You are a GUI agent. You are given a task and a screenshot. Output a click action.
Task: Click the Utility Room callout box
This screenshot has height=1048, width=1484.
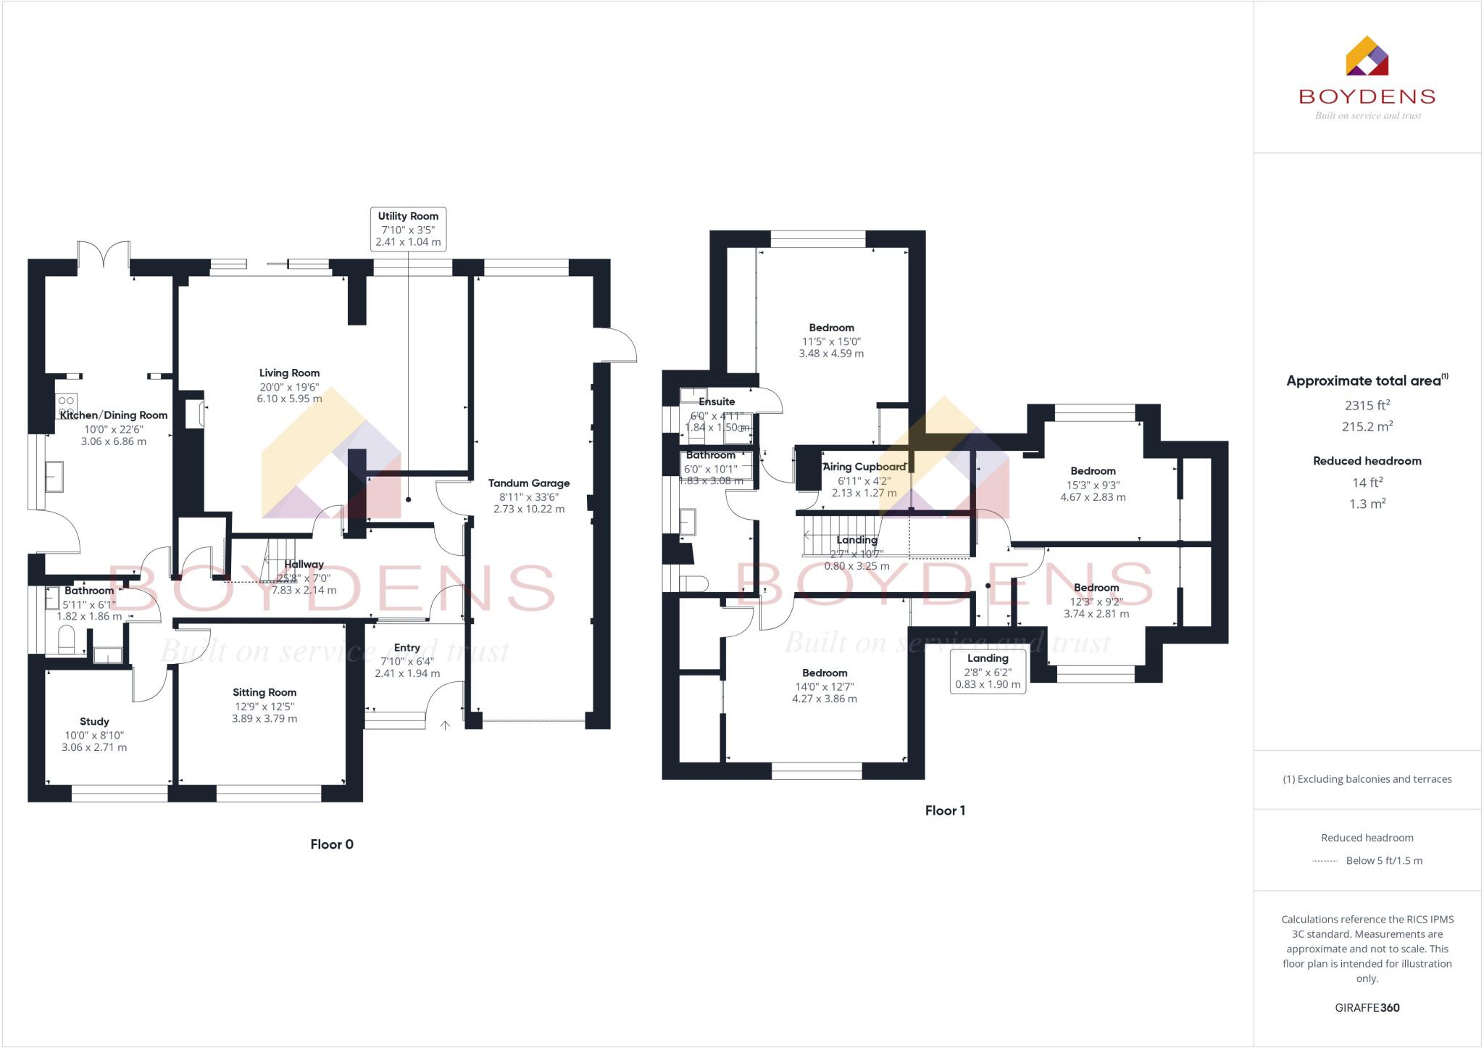[408, 229]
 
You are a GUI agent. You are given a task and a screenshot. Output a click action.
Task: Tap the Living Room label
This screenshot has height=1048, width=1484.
[289, 373]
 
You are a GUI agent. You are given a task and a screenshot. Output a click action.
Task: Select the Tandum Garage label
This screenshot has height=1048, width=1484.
[528, 483]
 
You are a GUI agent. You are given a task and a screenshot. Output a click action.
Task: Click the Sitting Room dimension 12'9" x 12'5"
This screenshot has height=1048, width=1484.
[264, 707]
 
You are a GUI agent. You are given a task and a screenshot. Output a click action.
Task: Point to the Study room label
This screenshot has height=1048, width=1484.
[94, 722]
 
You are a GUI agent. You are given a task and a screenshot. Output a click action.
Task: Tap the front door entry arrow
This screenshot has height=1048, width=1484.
[445, 725]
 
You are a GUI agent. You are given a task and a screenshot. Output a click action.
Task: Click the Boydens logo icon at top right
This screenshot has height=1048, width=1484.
[1367, 57]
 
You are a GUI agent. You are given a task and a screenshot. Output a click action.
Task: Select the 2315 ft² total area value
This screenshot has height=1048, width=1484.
[1367, 406]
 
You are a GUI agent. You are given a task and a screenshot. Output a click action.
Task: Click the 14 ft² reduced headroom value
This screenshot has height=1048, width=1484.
[1367, 483]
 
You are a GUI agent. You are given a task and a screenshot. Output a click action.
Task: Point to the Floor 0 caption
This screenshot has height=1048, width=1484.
[332, 844]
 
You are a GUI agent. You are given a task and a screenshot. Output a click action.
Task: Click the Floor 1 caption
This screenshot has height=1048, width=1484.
[945, 811]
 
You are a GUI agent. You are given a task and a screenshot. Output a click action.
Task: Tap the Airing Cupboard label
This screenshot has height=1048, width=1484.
[864, 467]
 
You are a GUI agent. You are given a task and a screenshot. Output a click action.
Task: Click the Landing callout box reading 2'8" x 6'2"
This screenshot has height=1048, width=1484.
[988, 671]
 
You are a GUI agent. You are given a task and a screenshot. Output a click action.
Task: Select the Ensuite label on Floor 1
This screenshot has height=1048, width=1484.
[717, 402]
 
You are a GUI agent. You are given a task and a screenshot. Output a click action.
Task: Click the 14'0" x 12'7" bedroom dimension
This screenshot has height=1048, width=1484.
[825, 687]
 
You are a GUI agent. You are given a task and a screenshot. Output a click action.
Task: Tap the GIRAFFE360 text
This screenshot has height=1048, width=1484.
[1367, 1008]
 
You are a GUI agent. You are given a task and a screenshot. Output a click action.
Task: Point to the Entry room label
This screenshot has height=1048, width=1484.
[407, 648]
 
